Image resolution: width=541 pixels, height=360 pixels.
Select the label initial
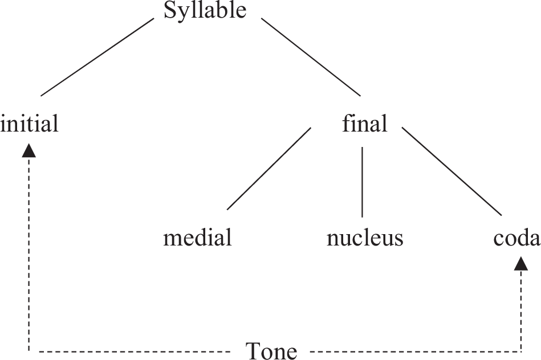click(x=30, y=123)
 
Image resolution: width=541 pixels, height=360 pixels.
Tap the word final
click(x=364, y=123)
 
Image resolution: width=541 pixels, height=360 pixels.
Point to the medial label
click(x=197, y=237)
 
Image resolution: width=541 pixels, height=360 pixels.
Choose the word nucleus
click(x=365, y=237)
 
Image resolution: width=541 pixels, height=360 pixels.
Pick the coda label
click(x=516, y=237)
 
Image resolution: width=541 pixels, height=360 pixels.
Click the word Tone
click(x=271, y=350)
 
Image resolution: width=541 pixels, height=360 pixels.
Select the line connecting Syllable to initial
click(x=97, y=56)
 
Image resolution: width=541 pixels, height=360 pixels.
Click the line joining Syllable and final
click(x=311, y=56)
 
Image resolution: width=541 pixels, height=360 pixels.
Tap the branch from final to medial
click(x=269, y=169)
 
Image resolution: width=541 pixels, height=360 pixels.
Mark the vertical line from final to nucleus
click(x=363, y=182)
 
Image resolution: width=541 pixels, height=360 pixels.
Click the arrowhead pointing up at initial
click(x=29, y=150)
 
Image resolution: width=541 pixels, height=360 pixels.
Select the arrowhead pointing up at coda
click(x=520, y=263)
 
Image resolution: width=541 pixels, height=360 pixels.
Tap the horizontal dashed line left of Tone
click(x=131, y=350)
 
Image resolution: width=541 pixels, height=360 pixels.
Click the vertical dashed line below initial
click(x=29, y=251)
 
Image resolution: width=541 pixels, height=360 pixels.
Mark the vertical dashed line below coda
click(x=520, y=310)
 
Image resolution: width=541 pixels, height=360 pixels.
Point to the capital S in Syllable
click(x=170, y=10)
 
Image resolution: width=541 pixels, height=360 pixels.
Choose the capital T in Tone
click(x=253, y=350)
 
